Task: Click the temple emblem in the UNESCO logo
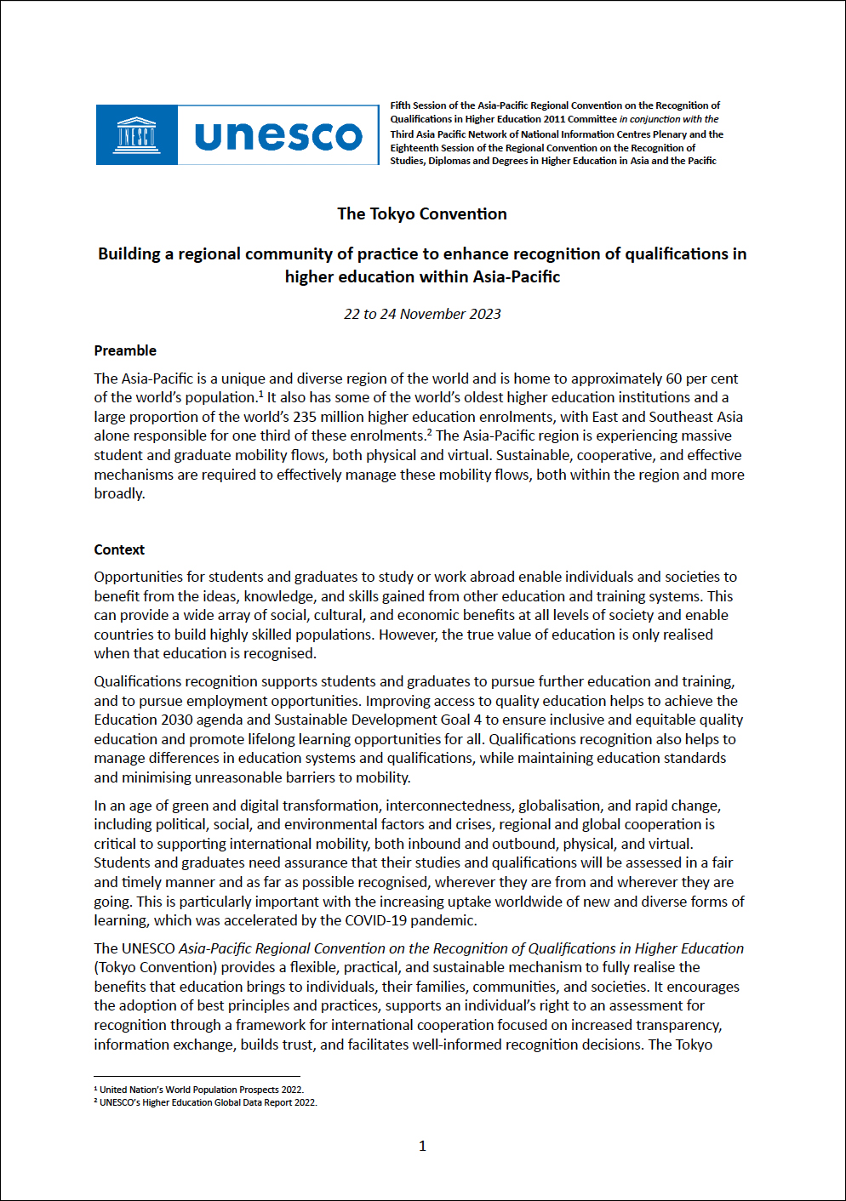136,134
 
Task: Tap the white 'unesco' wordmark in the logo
278,135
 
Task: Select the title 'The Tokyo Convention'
422,214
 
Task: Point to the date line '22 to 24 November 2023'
422,314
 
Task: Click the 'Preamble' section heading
125,350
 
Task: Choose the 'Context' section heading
119,549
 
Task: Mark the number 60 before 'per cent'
674,379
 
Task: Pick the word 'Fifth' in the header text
400,105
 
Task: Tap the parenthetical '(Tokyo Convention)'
156,967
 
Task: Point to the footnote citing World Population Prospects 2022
201,1090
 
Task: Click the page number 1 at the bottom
422,1146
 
